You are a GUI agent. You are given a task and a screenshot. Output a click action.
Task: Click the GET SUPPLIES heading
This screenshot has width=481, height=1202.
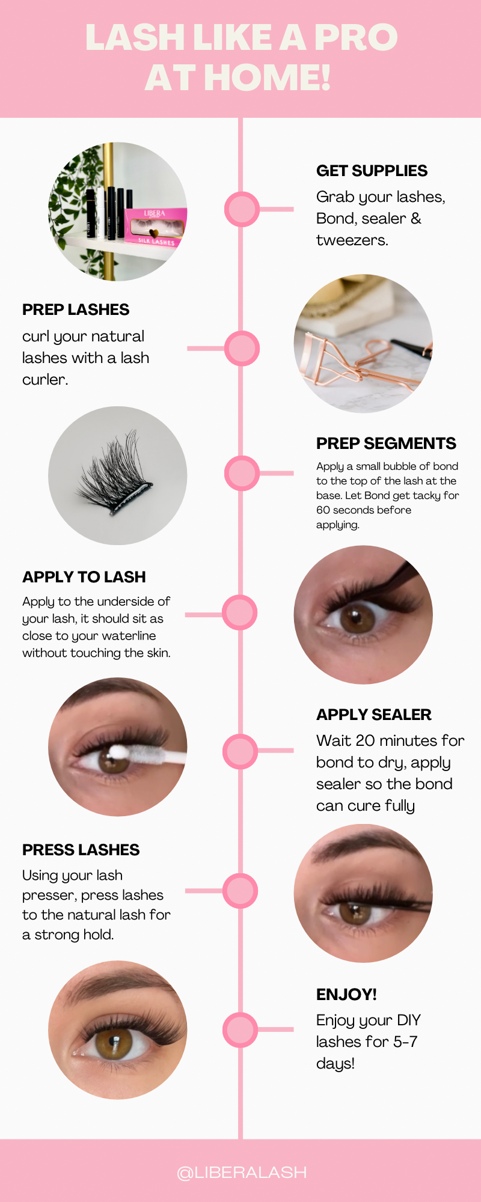click(372, 171)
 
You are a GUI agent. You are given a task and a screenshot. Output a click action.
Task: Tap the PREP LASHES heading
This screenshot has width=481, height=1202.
click(76, 310)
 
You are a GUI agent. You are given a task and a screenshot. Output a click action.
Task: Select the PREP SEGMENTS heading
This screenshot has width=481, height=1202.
click(386, 444)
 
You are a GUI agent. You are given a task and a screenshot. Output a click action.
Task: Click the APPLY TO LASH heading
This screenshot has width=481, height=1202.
click(84, 577)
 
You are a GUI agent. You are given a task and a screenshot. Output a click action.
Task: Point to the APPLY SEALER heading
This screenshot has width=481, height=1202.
click(374, 715)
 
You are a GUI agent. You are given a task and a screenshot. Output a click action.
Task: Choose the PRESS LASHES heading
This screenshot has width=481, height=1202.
click(81, 850)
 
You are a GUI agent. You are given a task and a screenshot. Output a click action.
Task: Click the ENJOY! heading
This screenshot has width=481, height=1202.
click(346, 995)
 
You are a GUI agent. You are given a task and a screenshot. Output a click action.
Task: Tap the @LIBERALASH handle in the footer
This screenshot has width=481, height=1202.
click(242, 1173)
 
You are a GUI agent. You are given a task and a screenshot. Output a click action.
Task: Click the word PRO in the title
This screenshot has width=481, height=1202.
click(355, 37)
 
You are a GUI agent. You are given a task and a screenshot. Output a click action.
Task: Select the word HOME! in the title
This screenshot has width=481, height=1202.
click(268, 78)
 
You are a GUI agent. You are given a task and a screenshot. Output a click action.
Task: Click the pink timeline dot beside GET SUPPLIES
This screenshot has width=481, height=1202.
click(242, 209)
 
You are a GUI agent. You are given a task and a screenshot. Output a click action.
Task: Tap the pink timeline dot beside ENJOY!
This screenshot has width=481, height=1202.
click(240, 1030)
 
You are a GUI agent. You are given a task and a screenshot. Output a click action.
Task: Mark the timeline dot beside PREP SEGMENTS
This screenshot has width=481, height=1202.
click(242, 473)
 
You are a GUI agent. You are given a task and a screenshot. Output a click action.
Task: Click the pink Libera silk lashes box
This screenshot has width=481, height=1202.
click(156, 227)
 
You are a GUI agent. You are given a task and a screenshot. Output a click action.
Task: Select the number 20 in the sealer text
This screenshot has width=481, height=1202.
click(365, 740)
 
